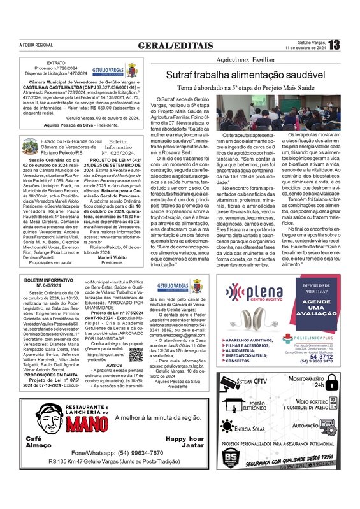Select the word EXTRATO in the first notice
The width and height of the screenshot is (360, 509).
click(x=57, y=64)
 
